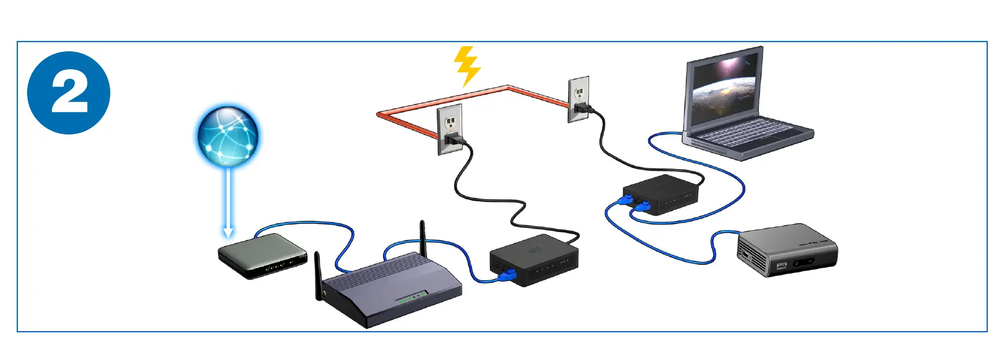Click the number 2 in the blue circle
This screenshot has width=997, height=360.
tap(69, 93)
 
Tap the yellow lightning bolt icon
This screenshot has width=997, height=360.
tap(467, 66)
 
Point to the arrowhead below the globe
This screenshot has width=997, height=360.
tap(228, 232)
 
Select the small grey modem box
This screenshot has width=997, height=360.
tap(262, 256)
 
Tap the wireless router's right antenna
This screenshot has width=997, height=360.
tap(422, 238)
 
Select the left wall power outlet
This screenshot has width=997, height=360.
tap(450, 129)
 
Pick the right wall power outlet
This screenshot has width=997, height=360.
tap(579, 99)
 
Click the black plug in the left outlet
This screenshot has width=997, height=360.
tap(454, 139)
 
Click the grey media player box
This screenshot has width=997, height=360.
tap(787, 249)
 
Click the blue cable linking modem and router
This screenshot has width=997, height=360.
tap(312, 224)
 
